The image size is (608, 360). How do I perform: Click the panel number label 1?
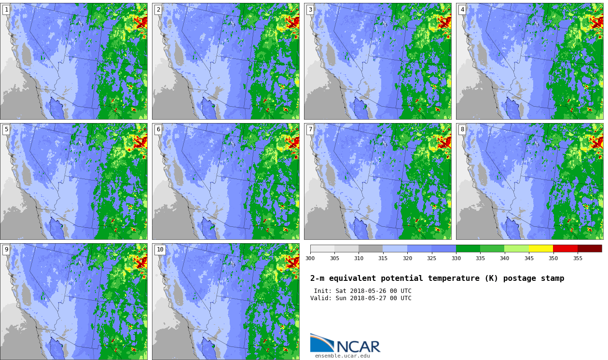coord(6,10)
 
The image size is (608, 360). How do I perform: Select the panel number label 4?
coord(462,10)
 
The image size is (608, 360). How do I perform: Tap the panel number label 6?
coord(158,130)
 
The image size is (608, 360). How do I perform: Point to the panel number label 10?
coord(160,249)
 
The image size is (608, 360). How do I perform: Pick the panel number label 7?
coord(310,130)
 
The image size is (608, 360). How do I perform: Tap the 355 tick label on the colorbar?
coord(578,258)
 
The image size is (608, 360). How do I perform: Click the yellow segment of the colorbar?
coord(541,249)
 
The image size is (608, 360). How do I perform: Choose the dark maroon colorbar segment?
coord(590,249)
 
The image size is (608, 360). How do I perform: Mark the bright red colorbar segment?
coord(566,249)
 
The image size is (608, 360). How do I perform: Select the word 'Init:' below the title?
coord(323,291)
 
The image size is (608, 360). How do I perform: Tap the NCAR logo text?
coord(358,346)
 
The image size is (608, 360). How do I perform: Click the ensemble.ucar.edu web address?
coord(343,356)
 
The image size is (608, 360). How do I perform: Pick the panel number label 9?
coord(6,249)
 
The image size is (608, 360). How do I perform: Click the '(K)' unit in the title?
coord(491,278)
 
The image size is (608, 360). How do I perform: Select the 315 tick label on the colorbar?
coord(383,258)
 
